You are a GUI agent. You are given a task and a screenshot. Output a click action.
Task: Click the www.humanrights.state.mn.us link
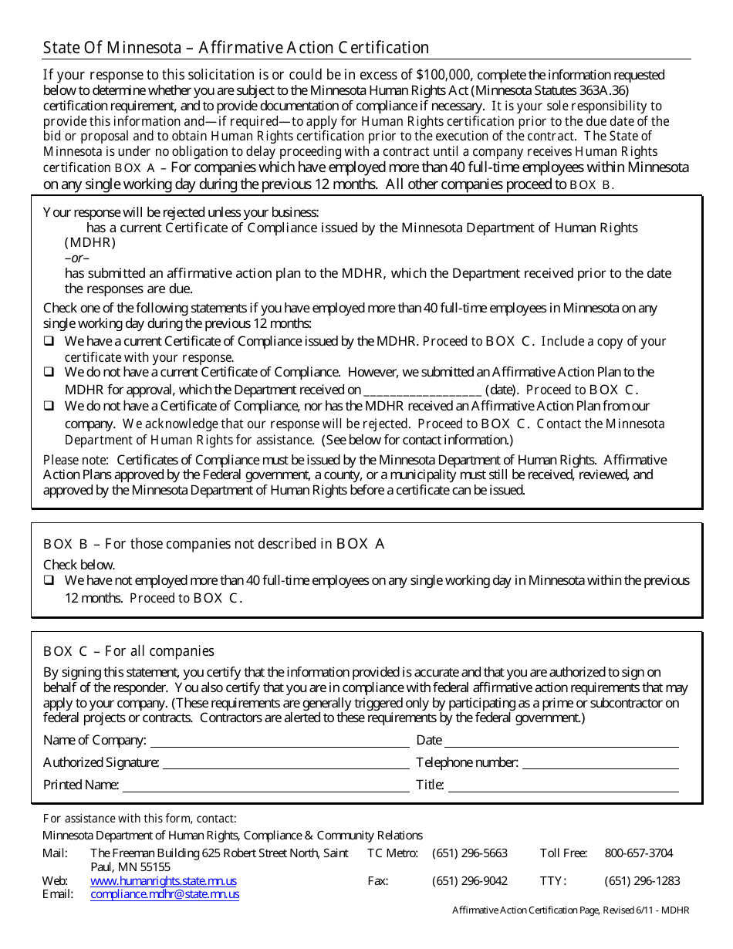(164, 880)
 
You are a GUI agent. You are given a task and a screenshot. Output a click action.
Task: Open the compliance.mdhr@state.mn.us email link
(164, 894)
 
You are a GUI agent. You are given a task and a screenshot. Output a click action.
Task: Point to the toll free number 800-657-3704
(638, 853)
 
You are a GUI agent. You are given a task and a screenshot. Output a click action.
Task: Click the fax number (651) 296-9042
(470, 880)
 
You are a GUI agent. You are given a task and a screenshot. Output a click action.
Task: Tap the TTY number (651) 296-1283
(642, 880)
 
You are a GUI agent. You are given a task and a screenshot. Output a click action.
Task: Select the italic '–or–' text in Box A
(76, 258)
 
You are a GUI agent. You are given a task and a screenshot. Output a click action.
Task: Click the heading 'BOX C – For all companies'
(129, 651)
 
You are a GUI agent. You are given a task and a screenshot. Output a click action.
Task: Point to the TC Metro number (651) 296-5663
(470, 853)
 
